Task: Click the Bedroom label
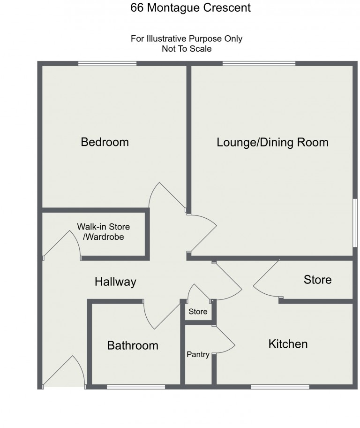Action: click(105, 142)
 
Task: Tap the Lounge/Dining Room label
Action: click(272, 142)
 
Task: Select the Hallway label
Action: click(115, 282)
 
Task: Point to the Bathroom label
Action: click(133, 346)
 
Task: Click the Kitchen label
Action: click(288, 344)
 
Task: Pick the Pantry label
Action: click(198, 355)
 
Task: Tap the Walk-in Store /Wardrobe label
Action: click(103, 232)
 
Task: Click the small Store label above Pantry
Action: click(198, 312)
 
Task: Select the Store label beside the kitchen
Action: click(317, 280)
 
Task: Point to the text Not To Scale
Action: click(186, 48)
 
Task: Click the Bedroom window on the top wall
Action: click(107, 63)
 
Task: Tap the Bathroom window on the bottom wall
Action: click(135, 387)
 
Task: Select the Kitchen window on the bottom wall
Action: click(280, 387)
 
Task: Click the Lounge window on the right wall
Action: click(355, 222)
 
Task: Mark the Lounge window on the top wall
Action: click(259, 63)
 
